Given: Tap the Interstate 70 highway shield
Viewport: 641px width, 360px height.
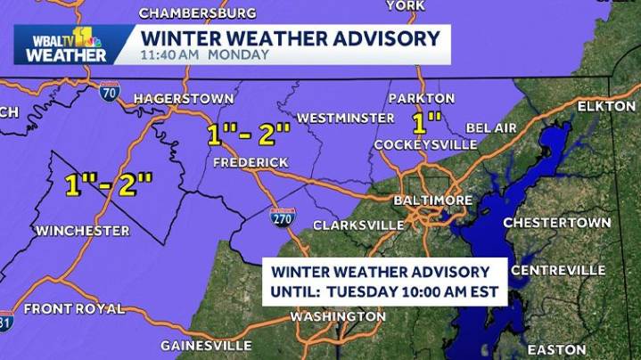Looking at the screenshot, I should (x=110, y=92).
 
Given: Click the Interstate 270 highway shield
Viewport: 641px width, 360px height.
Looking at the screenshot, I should (x=282, y=216).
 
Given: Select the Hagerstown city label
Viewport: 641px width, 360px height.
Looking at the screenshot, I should (x=184, y=98).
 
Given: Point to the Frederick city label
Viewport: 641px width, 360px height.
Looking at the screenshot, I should (x=251, y=162).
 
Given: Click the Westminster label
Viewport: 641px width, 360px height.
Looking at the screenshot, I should (x=345, y=118).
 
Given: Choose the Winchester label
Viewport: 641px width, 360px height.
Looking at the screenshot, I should (x=82, y=231).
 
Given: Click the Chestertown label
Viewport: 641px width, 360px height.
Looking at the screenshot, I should (x=557, y=222).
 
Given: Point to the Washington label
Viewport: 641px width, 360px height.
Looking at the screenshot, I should (x=338, y=317).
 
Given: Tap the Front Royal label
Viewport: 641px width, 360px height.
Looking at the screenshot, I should (x=73, y=309).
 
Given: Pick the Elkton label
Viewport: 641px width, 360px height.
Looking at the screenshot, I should (x=606, y=106).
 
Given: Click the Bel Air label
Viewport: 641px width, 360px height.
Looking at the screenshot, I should (x=491, y=129).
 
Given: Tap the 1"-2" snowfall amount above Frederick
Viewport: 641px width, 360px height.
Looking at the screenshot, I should (x=249, y=135).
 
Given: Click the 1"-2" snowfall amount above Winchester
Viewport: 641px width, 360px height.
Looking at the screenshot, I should (x=109, y=184).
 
